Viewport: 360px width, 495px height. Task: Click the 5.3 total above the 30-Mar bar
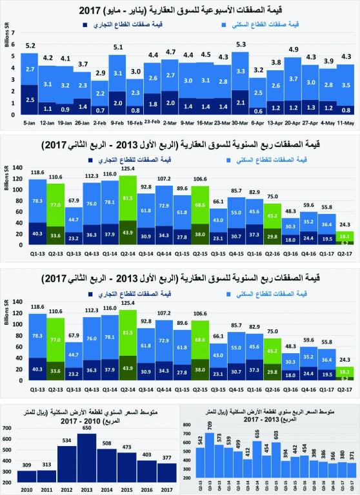(x=240, y=44)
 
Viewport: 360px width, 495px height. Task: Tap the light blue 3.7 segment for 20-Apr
(x=293, y=79)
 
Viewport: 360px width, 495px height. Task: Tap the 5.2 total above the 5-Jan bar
(x=29, y=45)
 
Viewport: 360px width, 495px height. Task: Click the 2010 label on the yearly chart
(x=27, y=489)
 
